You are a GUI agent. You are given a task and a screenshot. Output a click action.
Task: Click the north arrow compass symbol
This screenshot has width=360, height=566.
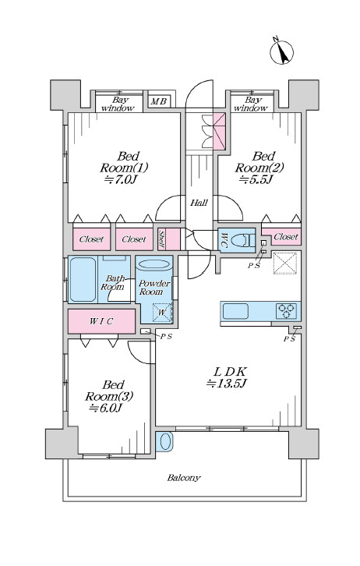(281, 52)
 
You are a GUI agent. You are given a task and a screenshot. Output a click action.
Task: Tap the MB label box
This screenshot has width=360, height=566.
(158, 102)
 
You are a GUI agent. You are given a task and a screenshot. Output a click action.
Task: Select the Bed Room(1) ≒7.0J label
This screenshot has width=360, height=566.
(124, 168)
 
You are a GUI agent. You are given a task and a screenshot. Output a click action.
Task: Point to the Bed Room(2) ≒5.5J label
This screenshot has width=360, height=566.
(259, 168)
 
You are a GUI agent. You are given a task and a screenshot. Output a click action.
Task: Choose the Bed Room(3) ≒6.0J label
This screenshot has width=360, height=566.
(109, 396)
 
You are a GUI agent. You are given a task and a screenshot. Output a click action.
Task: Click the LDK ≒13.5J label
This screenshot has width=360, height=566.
(226, 377)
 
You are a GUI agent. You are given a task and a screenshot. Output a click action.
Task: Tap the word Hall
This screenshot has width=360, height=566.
(199, 203)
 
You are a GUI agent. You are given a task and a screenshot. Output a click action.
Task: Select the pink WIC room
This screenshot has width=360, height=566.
(101, 321)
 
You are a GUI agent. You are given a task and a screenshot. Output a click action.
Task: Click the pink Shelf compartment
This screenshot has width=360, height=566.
(169, 239)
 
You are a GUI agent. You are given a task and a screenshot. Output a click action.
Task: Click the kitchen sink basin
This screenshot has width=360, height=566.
(235, 311)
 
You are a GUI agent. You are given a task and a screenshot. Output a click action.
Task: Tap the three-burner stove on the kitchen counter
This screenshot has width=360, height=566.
(287, 311)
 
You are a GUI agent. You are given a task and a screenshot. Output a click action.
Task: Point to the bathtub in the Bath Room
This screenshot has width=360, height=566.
(83, 279)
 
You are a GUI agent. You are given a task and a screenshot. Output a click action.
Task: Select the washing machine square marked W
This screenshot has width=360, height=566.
(162, 313)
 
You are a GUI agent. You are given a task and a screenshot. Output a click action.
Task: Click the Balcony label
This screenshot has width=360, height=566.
(183, 478)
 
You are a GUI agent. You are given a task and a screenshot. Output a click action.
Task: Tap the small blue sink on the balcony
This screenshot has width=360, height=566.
(164, 441)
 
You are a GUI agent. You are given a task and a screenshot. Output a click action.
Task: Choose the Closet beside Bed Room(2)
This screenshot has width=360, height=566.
(282, 236)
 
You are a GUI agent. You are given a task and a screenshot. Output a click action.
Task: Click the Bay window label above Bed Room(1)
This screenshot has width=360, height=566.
(118, 104)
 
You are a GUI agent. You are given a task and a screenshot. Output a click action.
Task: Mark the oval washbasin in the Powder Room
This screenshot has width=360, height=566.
(154, 264)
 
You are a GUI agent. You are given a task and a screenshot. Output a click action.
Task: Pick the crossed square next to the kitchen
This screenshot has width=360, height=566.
(285, 263)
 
